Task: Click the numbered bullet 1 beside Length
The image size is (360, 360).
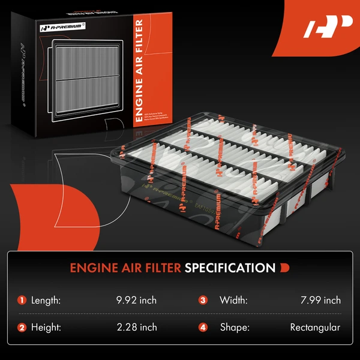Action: [x=22, y=300]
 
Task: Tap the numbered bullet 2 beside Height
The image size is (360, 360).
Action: [x=22, y=328]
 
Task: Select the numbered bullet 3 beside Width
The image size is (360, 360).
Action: [x=203, y=300]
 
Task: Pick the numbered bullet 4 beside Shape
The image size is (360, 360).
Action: [x=203, y=328]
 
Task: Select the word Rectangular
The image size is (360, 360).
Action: [x=315, y=328]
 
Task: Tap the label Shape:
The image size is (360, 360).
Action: [x=233, y=328]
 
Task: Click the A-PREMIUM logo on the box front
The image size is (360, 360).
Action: [x=64, y=28]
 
